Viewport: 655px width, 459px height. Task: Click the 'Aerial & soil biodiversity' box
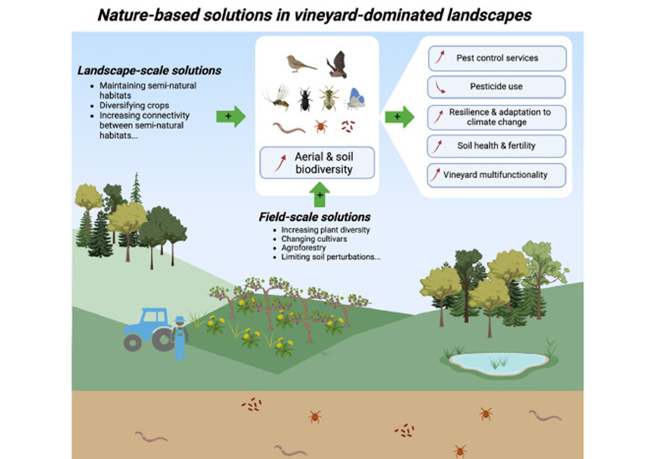pyautogui.click(x=317, y=163)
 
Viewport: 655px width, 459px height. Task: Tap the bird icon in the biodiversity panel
pyautogui.click(x=300, y=63)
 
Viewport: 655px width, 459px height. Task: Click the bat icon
pyautogui.click(x=337, y=64)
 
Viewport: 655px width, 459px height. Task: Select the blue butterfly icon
pyautogui.click(x=355, y=98)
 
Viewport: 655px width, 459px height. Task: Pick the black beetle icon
pyautogui.click(x=305, y=99)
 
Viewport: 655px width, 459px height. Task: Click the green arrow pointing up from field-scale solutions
pyautogui.click(x=320, y=194)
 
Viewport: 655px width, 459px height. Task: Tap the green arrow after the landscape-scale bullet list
pyautogui.click(x=230, y=116)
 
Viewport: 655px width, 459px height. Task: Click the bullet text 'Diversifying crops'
pyautogui.click(x=134, y=105)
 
